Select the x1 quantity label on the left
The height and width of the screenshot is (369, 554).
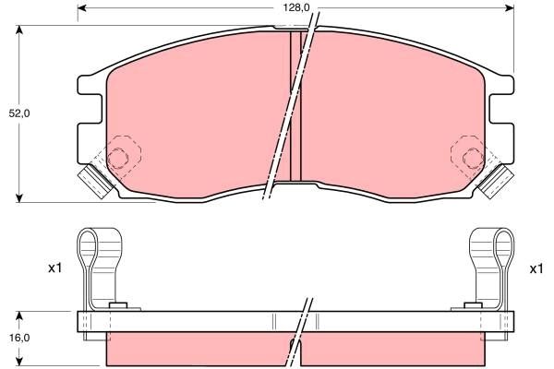click(54, 268)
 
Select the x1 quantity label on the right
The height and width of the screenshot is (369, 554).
click(535, 268)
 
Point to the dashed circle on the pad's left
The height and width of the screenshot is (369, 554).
click(118, 156)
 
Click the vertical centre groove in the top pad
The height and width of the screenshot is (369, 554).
click(296, 106)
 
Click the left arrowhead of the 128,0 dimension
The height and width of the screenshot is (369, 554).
click(82, 8)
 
